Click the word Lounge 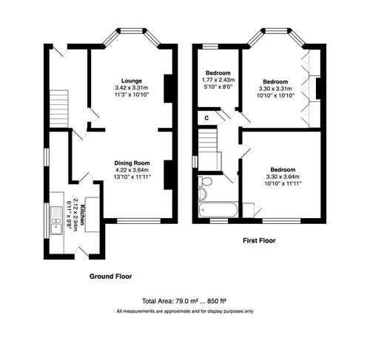point(132,80)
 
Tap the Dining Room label point(132,163)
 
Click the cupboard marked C point(206,116)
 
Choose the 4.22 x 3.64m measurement point(132,169)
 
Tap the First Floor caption point(263,241)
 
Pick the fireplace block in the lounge point(168,87)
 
